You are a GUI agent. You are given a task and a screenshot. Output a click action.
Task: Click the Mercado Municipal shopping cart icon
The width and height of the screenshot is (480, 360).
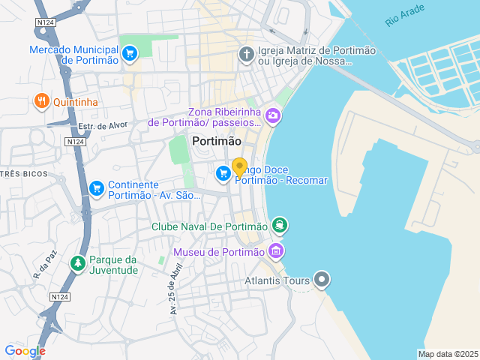coord(130,53)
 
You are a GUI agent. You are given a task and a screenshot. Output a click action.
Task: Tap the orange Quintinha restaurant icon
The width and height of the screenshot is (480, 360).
coord(41,100)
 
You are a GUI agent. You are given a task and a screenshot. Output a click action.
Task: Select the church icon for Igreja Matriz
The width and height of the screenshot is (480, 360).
coord(245,53)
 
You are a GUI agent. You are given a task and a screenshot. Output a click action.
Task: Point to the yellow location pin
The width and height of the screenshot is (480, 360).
coord(239,167)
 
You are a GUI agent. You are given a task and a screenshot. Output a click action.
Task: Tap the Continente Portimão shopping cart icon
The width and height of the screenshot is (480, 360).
coord(96,188)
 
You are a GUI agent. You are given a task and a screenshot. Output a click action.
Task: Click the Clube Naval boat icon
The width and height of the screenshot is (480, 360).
coord(280,225)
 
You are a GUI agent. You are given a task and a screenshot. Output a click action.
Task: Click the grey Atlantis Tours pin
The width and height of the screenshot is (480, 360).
coord(322,280)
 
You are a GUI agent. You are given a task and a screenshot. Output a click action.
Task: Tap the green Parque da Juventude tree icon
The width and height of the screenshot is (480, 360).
coord(76,263)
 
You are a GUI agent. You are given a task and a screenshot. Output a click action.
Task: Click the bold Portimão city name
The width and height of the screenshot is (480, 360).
coord(217,141)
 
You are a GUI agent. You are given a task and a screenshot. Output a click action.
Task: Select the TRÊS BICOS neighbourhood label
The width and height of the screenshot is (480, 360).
coord(22,174)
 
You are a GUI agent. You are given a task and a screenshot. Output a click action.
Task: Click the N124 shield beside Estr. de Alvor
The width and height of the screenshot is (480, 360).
coord(74,141)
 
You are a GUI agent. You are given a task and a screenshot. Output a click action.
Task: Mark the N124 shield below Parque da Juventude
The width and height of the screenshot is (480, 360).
coord(60,298)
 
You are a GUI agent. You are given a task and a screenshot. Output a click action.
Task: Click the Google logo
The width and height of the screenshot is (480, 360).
coord(25,351)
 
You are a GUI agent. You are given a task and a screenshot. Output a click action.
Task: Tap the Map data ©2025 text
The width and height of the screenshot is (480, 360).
coord(447,354)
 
